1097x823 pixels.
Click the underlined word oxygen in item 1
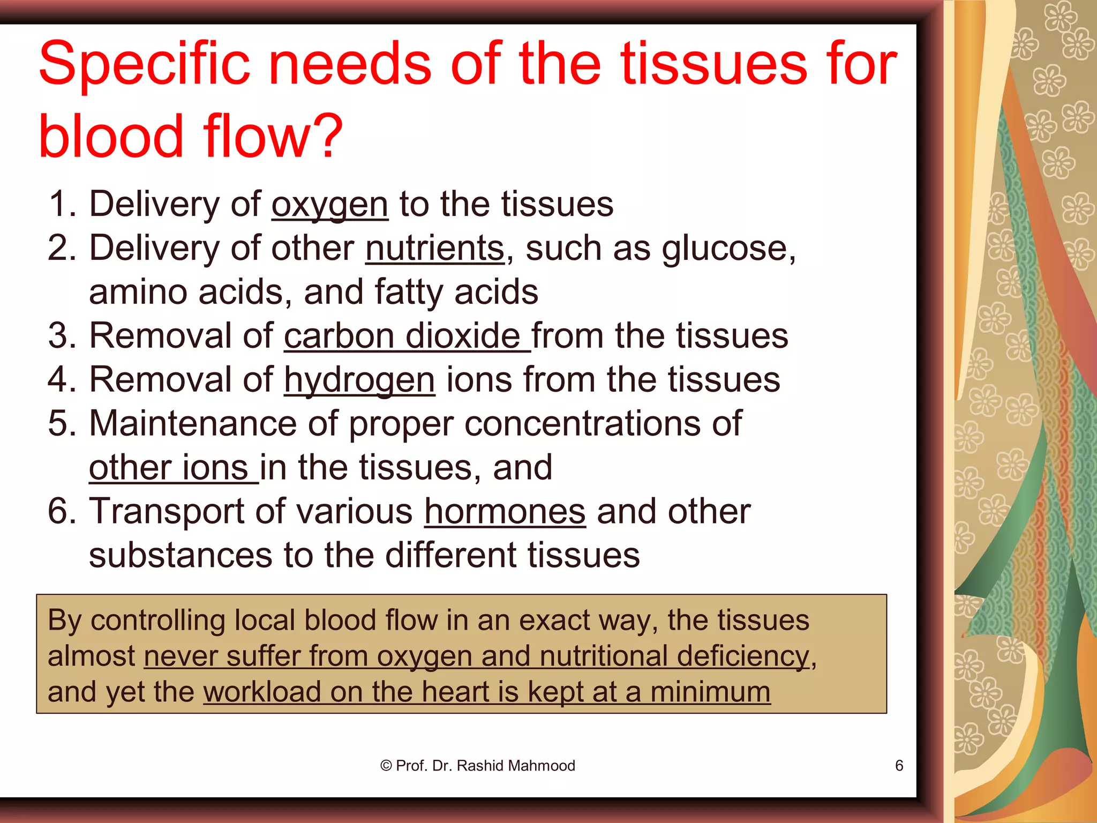tap(329, 205)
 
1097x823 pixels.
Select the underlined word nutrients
tap(435, 249)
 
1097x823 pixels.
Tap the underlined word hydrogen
tap(359, 380)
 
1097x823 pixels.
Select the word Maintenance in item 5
tap(192, 423)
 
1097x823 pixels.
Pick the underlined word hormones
tap(505, 512)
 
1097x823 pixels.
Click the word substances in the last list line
tap(181, 555)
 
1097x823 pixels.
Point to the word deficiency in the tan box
tap(743, 656)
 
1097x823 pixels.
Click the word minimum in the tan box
tap(710, 692)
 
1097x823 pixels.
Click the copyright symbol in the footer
tap(386, 766)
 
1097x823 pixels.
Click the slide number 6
tap(899, 766)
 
